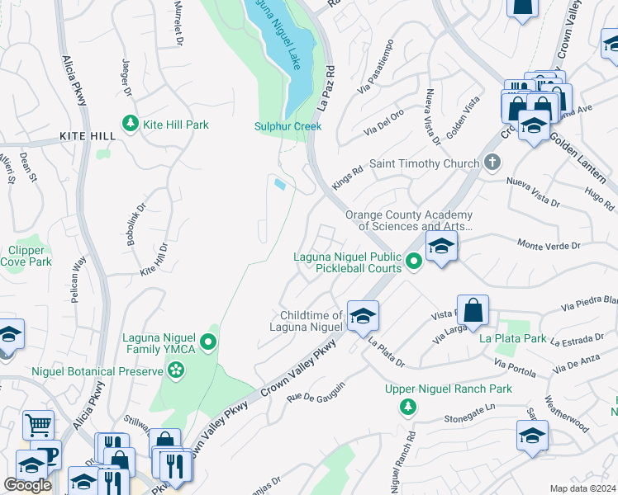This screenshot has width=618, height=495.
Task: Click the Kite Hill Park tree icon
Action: [x=130, y=124]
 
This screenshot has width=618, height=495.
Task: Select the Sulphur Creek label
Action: [x=288, y=126]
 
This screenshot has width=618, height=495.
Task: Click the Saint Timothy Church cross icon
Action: [x=492, y=162]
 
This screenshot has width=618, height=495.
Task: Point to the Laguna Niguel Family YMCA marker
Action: [x=210, y=342]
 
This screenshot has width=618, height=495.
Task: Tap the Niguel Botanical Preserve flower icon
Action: [x=175, y=372]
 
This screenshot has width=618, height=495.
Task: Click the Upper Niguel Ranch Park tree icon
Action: [x=407, y=407]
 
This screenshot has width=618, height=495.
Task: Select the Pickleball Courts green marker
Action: [x=414, y=262]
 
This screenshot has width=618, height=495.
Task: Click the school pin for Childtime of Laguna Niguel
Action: [x=362, y=315]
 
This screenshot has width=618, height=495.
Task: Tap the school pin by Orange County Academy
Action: [x=441, y=246]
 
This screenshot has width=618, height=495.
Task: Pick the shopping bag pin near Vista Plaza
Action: [x=473, y=311]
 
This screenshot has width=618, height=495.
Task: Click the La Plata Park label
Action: [x=512, y=338]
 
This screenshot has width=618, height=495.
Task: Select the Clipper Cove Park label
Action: [x=31, y=256]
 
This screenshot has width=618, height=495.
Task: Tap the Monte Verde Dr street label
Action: [x=549, y=245]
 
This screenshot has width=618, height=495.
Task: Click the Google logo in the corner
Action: [x=27, y=485]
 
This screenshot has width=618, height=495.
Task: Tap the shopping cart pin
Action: [x=37, y=426]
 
